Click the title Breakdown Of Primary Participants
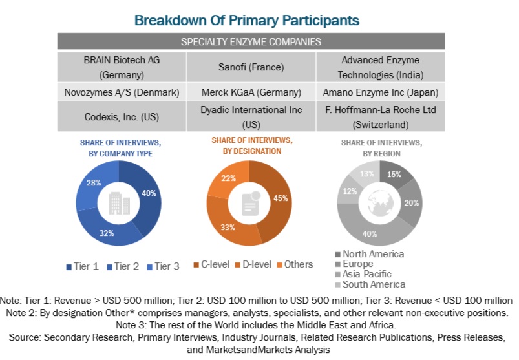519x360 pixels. coord(246,20)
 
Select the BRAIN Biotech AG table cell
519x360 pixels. coord(122,67)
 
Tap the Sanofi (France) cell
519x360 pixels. coord(251,67)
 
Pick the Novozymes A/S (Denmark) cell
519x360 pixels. coord(122,92)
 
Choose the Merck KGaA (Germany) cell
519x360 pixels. coord(251,92)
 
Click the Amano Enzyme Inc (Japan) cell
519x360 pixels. coord(380,92)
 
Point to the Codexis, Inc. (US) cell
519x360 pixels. coord(122,117)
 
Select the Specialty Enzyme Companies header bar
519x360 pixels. coord(251,42)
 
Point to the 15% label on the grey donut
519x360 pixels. coord(394,175)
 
